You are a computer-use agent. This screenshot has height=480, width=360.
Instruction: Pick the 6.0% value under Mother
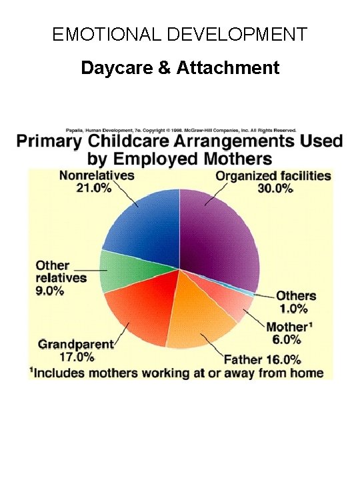click(290, 339)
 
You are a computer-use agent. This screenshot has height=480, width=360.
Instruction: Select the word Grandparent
click(76, 345)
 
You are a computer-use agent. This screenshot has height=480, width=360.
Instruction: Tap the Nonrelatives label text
click(97, 176)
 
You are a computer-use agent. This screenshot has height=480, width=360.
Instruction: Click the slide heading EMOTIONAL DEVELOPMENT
click(180, 34)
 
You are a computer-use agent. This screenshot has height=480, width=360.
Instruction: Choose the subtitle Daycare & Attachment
click(180, 67)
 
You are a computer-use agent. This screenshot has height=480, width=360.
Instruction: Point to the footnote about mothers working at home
click(176, 373)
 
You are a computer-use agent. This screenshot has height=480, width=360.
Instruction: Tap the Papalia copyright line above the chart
click(180, 130)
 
